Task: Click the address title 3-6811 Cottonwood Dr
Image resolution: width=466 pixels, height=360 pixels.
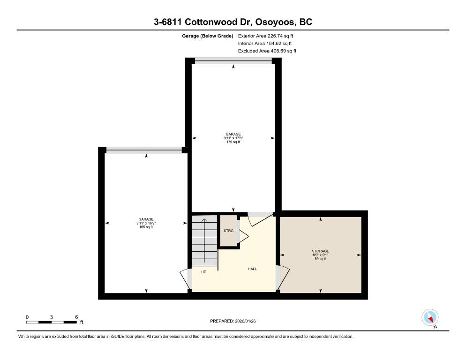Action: (233, 22)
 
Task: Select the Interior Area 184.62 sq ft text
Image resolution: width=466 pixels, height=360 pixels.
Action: (265, 43)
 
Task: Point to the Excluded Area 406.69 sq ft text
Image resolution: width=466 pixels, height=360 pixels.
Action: (267, 51)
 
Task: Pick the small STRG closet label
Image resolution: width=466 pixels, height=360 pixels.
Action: (228, 231)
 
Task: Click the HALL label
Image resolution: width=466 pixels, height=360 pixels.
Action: (252, 269)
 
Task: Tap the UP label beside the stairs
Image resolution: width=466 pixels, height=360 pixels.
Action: (204, 272)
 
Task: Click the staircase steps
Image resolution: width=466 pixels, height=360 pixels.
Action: (204, 241)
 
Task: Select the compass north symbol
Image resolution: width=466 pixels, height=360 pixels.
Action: (430, 317)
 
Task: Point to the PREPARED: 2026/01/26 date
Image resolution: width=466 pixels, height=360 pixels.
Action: (233, 321)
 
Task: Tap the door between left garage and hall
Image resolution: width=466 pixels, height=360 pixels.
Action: (185, 279)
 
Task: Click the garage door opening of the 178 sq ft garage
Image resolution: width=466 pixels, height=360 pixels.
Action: (233, 60)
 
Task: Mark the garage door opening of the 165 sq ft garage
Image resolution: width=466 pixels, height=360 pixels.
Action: (143, 150)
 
